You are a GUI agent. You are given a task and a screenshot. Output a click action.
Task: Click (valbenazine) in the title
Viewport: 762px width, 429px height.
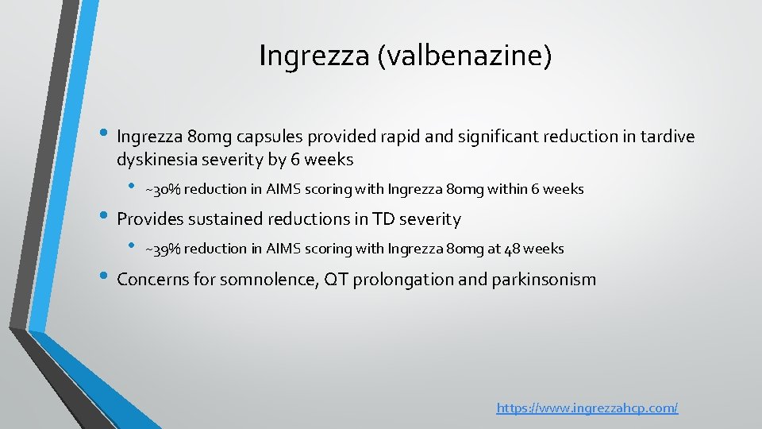[x=464, y=56]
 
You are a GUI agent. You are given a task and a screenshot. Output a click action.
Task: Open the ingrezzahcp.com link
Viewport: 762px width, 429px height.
[x=587, y=408]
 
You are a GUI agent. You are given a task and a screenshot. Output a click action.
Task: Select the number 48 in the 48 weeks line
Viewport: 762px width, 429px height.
[x=514, y=249]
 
